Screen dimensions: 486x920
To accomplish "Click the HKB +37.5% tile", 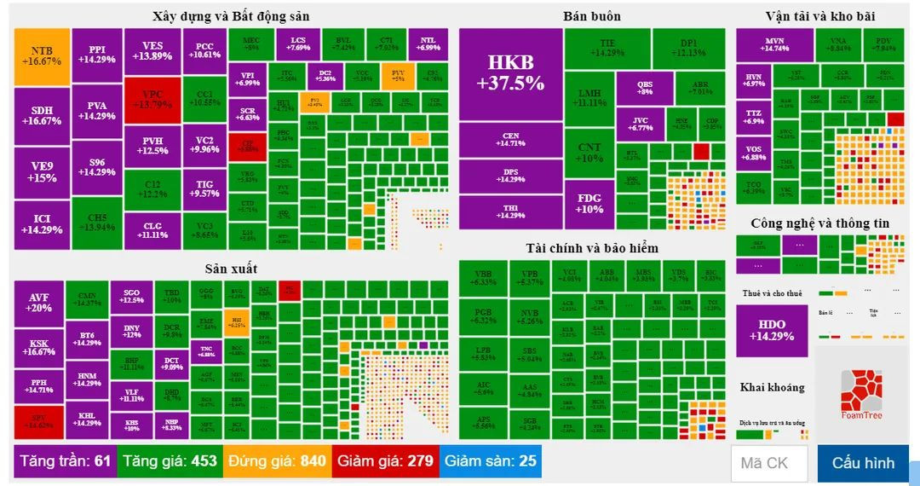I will pyautogui.click(x=510, y=74).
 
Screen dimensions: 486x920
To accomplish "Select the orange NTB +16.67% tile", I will pyautogui.click(x=41, y=56).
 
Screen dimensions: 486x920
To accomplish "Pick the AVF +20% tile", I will pyautogui.click(x=39, y=303).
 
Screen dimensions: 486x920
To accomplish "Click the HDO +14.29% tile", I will pyautogui.click(x=772, y=330).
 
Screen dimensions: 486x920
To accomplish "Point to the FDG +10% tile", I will pyautogui.click(x=589, y=204).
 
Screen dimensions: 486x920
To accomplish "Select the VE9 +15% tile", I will pyautogui.click(x=41, y=172).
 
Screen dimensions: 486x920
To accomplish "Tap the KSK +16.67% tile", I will pyautogui.click(x=39, y=347).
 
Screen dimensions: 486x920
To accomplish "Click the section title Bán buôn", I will pyautogui.click(x=591, y=16).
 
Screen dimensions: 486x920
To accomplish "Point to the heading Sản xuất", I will pyautogui.click(x=231, y=269).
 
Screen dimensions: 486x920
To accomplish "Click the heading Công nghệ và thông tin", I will pyautogui.click(x=819, y=223).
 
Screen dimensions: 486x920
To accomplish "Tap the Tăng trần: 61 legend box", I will pyautogui.click(x=67, y=461).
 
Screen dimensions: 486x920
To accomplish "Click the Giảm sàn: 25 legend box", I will pyautogui.click(x=490, y=461).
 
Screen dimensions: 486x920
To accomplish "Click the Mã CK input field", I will pyautogui.click(x=768, y=463).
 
